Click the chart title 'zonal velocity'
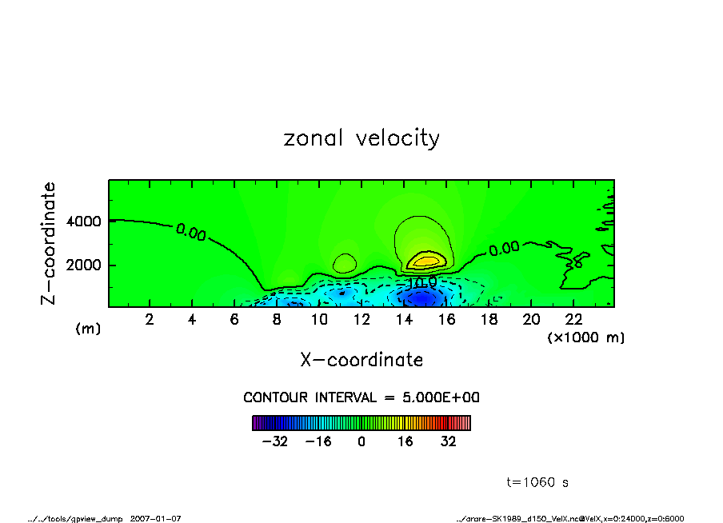click(x=361, y=138)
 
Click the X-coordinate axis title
click(x=361, y=360)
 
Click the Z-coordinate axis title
click(x=49, y=242)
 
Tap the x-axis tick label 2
click(x=150, y=320)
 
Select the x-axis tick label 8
click(x=277, y=320)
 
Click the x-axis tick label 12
click(x=361, y=320)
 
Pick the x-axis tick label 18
click(x=489, y=320)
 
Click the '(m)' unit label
click(x=88, y=329)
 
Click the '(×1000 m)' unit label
click(x=586, y=337)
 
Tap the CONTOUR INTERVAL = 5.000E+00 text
click(x=361, y=397)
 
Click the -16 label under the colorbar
click(x=318, y=441)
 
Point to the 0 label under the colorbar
click(x=361, y=441)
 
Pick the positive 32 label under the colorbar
click(x=448, y=441)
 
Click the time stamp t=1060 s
click(x=537, y=482)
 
